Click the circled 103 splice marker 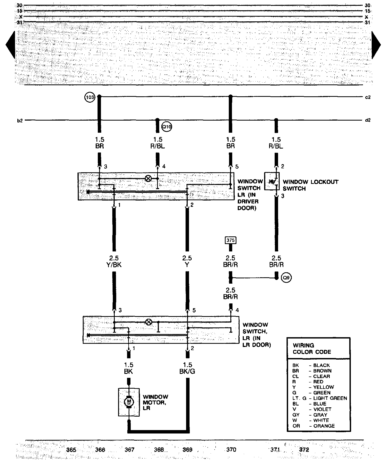(90, 98)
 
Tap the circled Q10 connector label (167, 127)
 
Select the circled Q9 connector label (286, 278)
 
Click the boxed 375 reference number (230, 240)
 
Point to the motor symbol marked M (129, 402)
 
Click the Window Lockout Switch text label (310, 185)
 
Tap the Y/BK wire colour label (114, 265)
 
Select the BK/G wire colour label (187, 371)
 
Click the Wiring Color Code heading (312, 349)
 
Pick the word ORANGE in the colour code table (324, 426)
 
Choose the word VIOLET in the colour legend (322, 409)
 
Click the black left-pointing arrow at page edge (11, 45)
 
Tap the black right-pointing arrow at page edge (376, 45)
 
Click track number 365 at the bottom (71, 450)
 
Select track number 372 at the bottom (304, 450)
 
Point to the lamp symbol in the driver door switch (148, 179)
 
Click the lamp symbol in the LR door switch (149, 322)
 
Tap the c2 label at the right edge (368, 97)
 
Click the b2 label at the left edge (20, 121)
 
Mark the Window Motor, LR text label (155, 402)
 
